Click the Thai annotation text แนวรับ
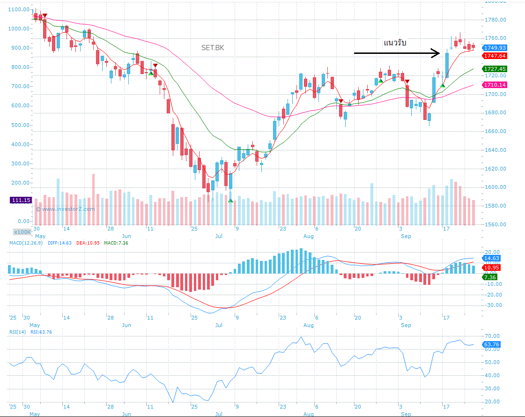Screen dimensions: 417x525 [395, 43]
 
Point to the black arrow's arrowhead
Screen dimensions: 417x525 [436, 53]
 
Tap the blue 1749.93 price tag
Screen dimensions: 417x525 [495, 48]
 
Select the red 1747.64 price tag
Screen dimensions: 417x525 [495, 56]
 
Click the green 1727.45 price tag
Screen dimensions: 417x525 [495, 69]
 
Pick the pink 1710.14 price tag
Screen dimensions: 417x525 [495, 85]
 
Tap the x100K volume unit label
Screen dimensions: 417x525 [22, 231]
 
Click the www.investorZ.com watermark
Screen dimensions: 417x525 [65, 209]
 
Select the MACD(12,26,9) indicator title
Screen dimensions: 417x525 [26, 243]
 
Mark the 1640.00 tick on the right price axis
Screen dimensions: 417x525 [495, 150]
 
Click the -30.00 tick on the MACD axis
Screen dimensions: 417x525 [493, 305]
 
